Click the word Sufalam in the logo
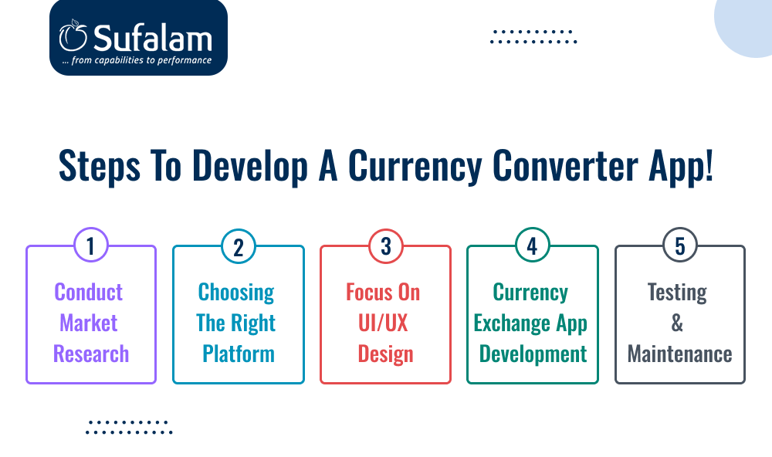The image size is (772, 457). coord(153,38)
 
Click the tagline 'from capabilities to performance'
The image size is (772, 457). coord(141,60)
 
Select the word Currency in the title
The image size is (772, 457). coord(415,167)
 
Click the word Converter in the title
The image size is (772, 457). coord(565,165)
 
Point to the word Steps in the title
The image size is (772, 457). coord(100,167)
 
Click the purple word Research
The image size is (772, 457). coord(91,354)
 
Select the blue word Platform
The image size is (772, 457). coord(239,354)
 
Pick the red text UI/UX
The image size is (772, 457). coord(383,323)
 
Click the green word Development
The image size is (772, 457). coord(533,354)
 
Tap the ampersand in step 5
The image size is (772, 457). coord(677,323)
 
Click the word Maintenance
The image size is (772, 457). coord(679,354)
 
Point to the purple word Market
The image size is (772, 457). coord(89,323)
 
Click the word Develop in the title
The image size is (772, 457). coord(249,167)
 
